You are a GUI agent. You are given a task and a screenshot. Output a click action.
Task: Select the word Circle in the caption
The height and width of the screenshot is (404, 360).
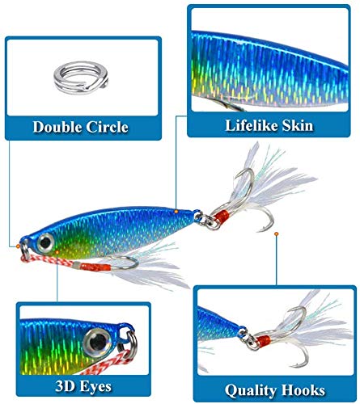[x=108, y=127]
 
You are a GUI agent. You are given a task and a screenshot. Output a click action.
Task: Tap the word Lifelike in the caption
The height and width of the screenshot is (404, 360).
[x=248, y=125]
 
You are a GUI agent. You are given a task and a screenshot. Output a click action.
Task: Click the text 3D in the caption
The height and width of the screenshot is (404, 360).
[x=64, y=385]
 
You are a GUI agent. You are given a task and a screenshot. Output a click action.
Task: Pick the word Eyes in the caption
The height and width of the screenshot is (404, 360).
[x=94, y=387]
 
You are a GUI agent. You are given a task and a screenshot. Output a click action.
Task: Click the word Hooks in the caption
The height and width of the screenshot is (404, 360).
[x=299, y=390]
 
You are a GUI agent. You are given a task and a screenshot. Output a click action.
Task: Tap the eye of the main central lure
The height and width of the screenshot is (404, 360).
[x=45, y=243]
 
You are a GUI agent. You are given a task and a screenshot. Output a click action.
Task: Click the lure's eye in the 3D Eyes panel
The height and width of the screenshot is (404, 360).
[x=97, y=342]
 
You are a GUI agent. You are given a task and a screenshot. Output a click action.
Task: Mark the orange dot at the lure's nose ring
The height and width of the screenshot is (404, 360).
[x=18, y=246]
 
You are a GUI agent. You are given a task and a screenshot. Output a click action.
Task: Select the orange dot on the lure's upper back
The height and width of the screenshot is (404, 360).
[x=176, y=212]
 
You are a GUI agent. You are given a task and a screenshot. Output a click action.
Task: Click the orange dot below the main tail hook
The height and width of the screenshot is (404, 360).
[x=276, y=234]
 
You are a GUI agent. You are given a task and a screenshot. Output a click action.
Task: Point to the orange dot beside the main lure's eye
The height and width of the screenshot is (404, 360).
[x=57, y=252]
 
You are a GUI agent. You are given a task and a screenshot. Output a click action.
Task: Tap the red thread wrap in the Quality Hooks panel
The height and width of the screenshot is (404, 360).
[x=262, y=342]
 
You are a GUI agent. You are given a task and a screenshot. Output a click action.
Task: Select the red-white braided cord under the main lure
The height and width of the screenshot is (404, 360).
[x=49, y=260]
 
